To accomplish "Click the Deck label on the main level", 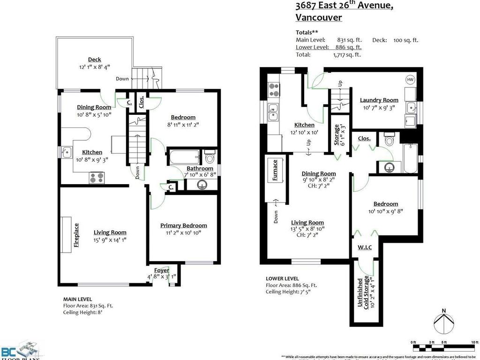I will click(x=94, y=60).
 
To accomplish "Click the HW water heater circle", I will click(x=410, y=79).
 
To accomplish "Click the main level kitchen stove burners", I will click(x=97, y=178).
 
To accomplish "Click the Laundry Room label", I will click(x=379, y=100).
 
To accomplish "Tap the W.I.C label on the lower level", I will click(x=365, y=247).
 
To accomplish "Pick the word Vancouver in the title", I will click(x=318, y=18).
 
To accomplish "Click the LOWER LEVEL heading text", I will click(x=282, y=278).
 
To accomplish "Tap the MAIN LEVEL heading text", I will click(x=77, y=299).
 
